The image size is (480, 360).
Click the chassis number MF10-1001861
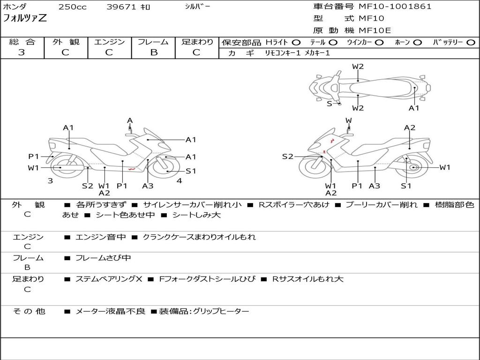[395, 7]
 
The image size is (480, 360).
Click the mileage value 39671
[121, 7]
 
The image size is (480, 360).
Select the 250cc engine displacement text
[73, 7]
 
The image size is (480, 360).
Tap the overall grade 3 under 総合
[22, 52]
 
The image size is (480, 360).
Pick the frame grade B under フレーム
[154, 52]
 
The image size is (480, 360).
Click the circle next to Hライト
[296, 43]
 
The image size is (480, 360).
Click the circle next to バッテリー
[471, 43]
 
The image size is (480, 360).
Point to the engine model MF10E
[375, 30]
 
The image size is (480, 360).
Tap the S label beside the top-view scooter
[330, 104]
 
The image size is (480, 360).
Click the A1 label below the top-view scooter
[414, 108]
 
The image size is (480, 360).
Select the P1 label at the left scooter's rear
[34, 157]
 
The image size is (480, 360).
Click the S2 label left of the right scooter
[287, 157]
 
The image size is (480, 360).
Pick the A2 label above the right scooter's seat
[410, 127]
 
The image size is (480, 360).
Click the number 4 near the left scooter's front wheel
[180, 180]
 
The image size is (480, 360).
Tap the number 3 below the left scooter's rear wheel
[50, 180]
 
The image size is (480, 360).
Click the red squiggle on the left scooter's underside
[132, 169]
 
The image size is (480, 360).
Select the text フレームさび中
[103, 258]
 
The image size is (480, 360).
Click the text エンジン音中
[101, 237]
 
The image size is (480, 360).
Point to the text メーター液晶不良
[110, 311]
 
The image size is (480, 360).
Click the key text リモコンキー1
[283, 53]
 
